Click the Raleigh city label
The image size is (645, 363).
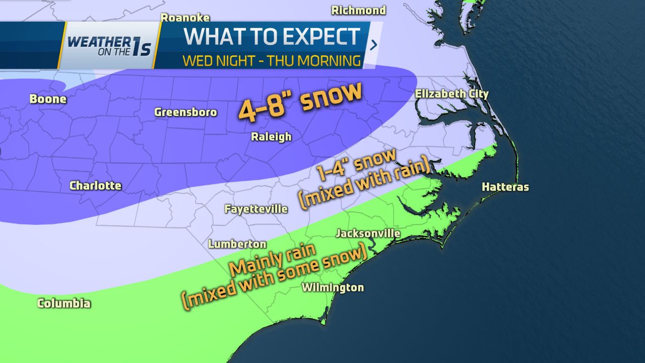272,137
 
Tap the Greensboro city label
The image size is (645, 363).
185,112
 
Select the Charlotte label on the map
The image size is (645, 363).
95,186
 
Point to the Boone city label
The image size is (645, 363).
48,99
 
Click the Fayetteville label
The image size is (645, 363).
256,209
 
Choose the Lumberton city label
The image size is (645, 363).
237,244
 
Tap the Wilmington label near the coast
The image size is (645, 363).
333,287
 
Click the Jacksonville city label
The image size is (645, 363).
368,233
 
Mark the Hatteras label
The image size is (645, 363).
505,187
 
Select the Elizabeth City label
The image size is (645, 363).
451,94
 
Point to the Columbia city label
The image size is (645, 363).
64,303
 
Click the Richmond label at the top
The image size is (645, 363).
358,10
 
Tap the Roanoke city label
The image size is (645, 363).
185,18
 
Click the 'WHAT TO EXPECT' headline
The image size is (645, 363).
272,37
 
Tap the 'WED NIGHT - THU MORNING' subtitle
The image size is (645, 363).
272,61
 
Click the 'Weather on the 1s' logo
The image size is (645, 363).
109,45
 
